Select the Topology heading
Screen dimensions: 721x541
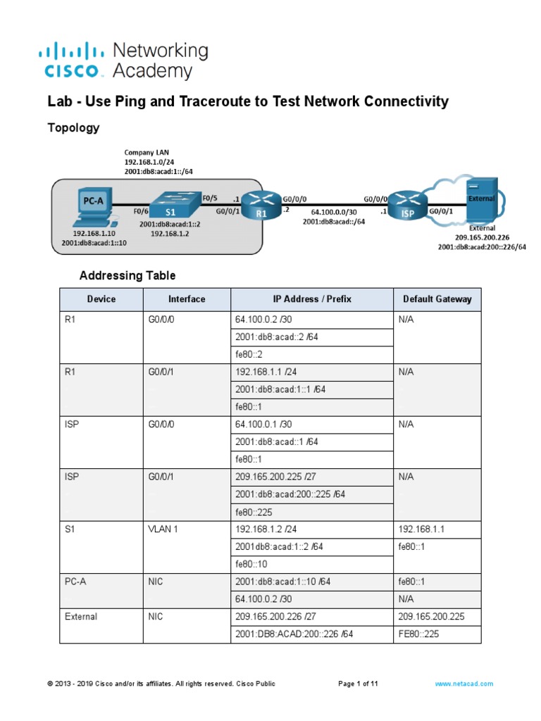(x=73, y=127)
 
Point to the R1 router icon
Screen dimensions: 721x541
(x=261, y=202)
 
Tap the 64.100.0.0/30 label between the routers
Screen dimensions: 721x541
(x=335, y=211)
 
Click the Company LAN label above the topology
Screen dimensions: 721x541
(x=147, y=152)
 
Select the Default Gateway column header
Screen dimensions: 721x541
(x=437, y=299)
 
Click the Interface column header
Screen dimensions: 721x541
(x=187, y=299)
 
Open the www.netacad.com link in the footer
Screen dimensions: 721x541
(x=464, y=684)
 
